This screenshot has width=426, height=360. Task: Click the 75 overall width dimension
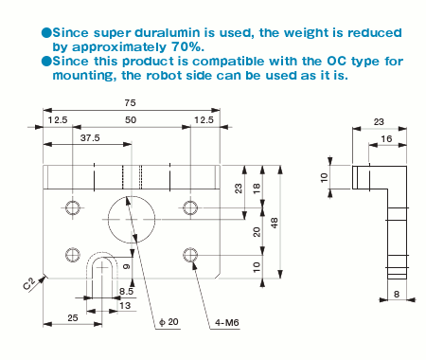tap(130, 103)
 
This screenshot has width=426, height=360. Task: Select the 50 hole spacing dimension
tap(131, 120)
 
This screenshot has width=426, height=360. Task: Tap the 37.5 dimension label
tap(90, 138)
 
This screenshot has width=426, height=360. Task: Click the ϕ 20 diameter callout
tap(169, 322)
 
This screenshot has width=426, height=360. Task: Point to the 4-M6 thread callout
tap(227, 322)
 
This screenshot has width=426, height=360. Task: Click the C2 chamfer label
tap(28, 284)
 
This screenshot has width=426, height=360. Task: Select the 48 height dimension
tap(275, 223)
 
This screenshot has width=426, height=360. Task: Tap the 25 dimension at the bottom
tap(73, 317)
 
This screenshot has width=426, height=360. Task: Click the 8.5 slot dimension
tap(126, 291)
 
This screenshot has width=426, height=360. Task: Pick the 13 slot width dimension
tap(125, 306)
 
